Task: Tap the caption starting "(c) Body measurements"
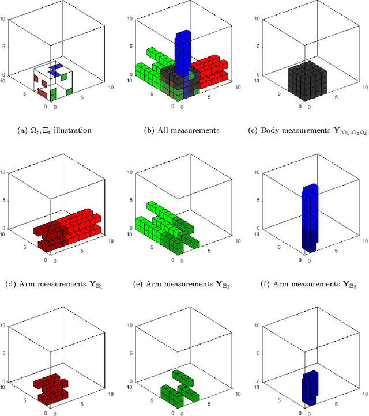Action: pos(307,130)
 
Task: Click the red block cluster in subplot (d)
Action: pos(69,228)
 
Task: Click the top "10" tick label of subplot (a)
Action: pos(5,18)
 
